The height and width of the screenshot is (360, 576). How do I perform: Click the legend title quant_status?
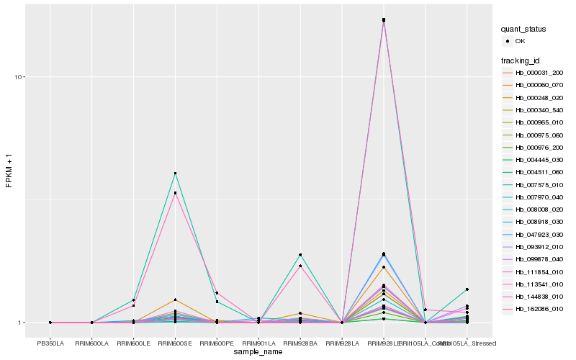click(x=524, y=29)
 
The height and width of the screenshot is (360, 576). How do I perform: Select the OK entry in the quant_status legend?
click(x=521, y=41)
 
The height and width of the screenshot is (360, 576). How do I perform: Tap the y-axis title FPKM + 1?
click(x=9, y=173)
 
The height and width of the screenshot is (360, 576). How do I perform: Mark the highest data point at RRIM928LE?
click(x=384, y=19)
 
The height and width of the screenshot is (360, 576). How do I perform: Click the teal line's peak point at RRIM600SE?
click(x=175, y=174)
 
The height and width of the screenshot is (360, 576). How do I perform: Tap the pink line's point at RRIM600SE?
click(x=175, y=193)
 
